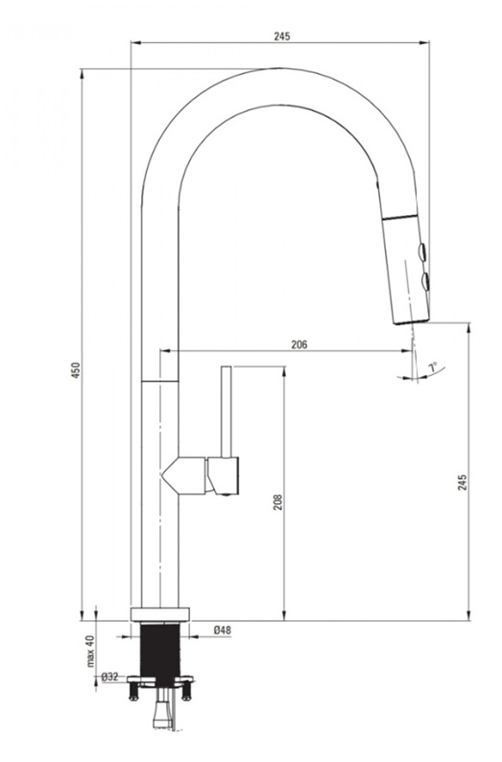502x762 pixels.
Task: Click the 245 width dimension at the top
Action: coord(282,36)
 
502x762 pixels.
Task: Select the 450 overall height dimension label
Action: coord(76,370)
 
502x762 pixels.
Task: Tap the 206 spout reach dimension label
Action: coord(299,345)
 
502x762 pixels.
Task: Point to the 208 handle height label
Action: coord(277,502)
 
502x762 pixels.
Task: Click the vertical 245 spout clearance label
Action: coord(462,482)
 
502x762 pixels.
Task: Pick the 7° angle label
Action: coord(433,367)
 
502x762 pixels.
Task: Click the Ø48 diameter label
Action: coord(222,631)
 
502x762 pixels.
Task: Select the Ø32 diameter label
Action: coord(110,676)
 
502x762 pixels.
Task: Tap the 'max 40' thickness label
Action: coord(90,652)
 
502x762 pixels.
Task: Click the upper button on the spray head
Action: coord(423,252)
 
